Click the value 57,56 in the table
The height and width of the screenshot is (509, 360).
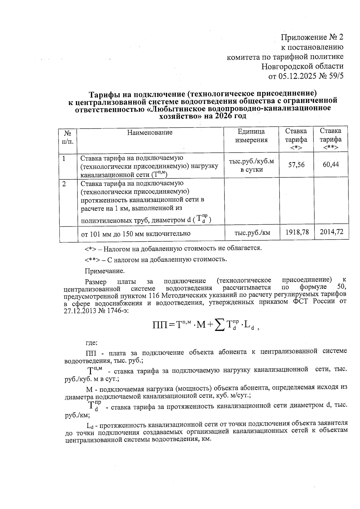(x=296, y=164)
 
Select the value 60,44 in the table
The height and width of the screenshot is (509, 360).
(x=331, y=164)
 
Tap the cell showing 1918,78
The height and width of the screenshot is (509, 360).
(x=297, y=232)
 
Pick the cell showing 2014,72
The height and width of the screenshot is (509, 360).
(x=331, y=232)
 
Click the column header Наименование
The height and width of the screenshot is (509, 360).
(x=150, y=132)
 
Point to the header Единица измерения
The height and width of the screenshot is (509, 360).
(x=251, y=136)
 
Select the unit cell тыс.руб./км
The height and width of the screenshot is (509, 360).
(x=252, y=232)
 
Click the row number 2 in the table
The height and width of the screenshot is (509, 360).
(x=64, y=184)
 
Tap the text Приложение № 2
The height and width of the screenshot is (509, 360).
(x=312, y=37)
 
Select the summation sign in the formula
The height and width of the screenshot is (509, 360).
(x=219, y=325)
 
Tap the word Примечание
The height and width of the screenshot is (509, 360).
(x=104, y=271)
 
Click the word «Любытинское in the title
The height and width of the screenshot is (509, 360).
(x=177, y=108)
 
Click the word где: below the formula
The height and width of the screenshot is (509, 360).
(x=91, y=342)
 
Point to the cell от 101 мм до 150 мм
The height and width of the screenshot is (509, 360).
(x=136, y=233)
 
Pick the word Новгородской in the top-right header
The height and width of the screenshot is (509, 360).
(x=285, y=66)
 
